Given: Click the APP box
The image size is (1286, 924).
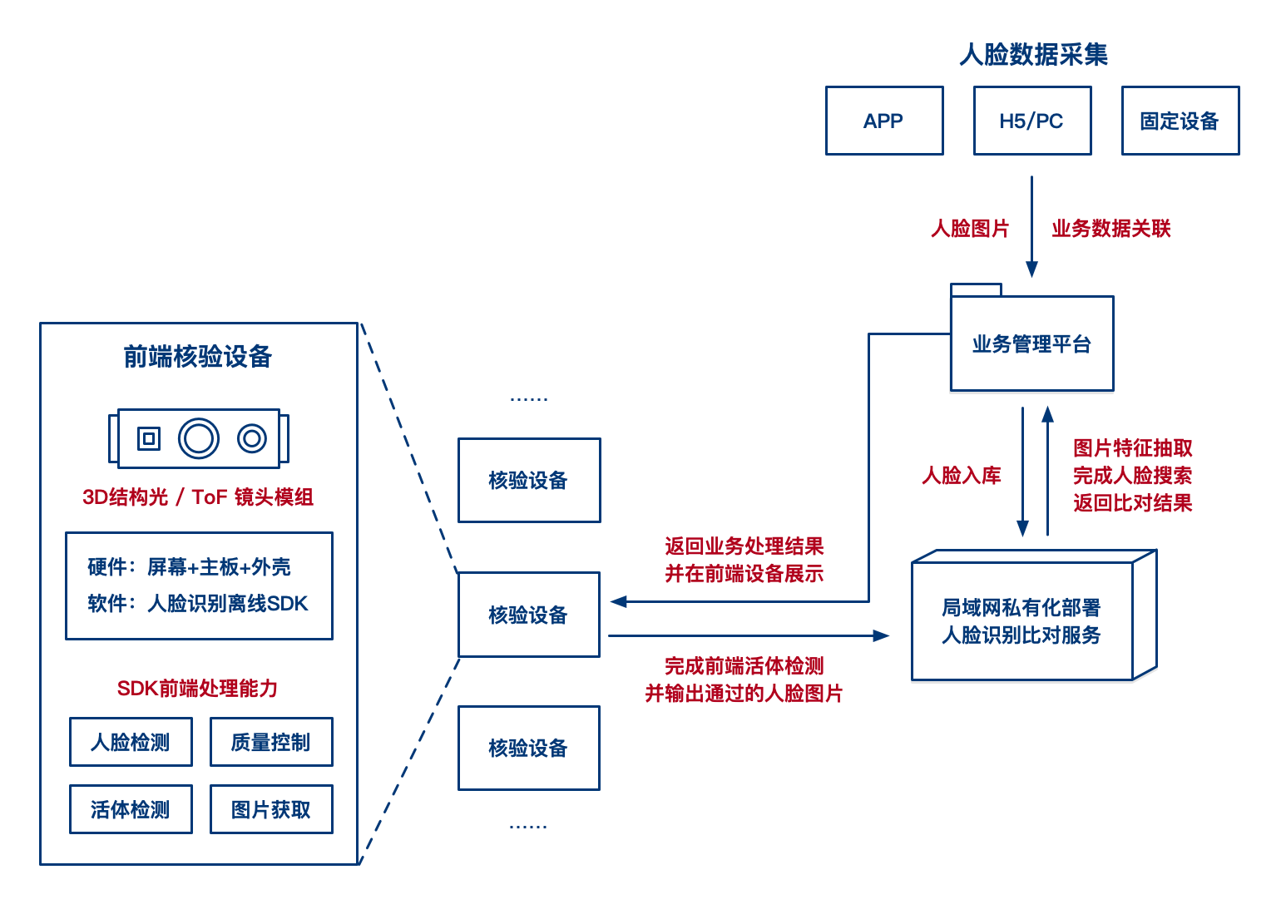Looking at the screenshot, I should point(883,121).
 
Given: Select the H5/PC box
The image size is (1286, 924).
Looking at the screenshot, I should point(1031,121).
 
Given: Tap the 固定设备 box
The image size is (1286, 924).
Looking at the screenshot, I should point(1180,121).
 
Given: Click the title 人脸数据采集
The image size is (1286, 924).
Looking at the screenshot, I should point(1033,55).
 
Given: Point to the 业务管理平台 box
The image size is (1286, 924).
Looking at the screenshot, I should point(1031,343).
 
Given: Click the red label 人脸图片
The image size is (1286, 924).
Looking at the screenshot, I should point(970,229).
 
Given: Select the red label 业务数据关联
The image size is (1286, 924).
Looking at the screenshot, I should point(1110,229).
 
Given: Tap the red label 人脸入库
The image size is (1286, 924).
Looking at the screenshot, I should point(962,476).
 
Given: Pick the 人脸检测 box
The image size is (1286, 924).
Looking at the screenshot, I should point(131,742).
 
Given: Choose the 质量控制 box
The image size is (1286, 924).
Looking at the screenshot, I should point(271,742).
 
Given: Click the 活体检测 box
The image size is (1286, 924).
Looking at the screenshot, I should point(131,809).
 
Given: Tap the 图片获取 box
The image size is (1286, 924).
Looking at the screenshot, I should point(271,809).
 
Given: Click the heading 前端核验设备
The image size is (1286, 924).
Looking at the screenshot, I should point(198,357).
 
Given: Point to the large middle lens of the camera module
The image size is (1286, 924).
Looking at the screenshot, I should point(199,438).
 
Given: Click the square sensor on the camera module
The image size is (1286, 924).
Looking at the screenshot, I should point(149,438).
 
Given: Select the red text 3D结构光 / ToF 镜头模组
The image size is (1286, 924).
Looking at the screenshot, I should point(198,497).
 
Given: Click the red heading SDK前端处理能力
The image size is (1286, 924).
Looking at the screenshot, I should point(198,689).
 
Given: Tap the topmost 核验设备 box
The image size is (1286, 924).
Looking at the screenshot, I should point(528,481).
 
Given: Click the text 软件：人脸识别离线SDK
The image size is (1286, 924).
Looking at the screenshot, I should point(198,603).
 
